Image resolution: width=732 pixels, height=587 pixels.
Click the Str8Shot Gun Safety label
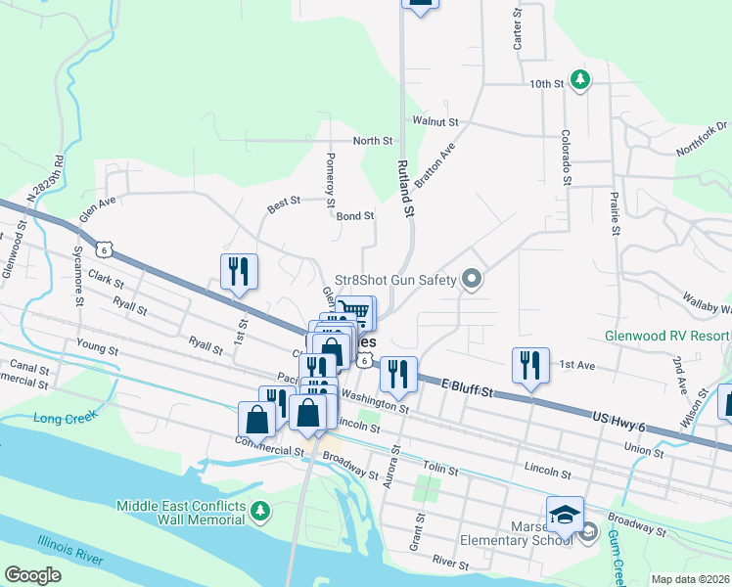pos(396,280)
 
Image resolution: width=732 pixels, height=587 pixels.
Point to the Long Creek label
pos(61,419)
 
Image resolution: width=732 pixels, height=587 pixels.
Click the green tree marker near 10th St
pos(580,79)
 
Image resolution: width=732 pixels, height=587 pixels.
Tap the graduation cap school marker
pos(565,514)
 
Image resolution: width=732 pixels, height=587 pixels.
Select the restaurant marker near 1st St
pos(239,271)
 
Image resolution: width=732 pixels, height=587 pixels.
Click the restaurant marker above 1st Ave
pos(529,365)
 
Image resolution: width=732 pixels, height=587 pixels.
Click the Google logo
pos(32,575)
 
